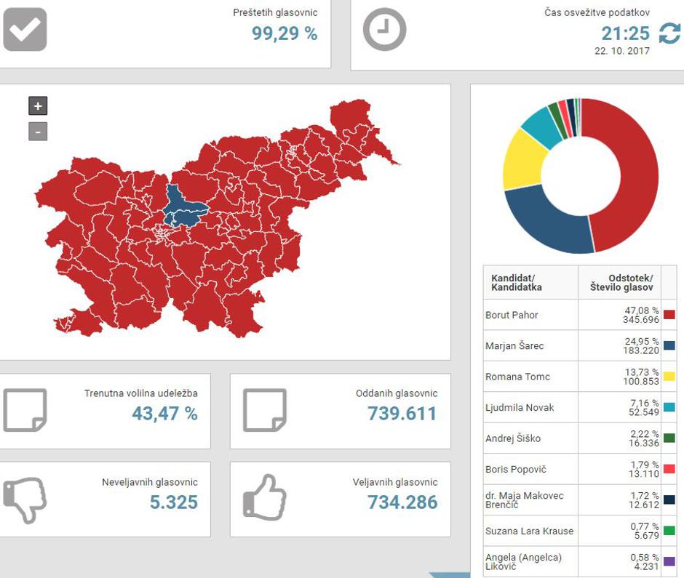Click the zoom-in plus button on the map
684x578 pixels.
pos(38,106)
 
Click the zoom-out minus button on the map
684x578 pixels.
pos(38,132)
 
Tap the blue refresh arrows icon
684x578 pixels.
pos(669,33)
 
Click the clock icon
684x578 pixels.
pos(384,30)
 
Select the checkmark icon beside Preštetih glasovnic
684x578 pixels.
pos(25,29)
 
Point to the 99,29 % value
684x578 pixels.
pos(285,33)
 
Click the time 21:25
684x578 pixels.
pos(625,33)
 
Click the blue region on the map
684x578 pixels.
pos(182,207)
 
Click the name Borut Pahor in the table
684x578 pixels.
pos(512,315)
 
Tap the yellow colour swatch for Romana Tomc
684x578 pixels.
pos(669,377)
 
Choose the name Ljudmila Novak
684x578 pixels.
pos(520,407)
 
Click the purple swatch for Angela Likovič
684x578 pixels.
pos(669,561)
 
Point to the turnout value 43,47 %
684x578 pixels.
pos(164,414)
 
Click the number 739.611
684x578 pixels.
pos(402,414)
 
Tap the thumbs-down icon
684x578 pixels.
pos(25,499)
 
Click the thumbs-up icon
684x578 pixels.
pos(264,498)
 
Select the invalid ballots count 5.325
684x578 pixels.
pos(173,502)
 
